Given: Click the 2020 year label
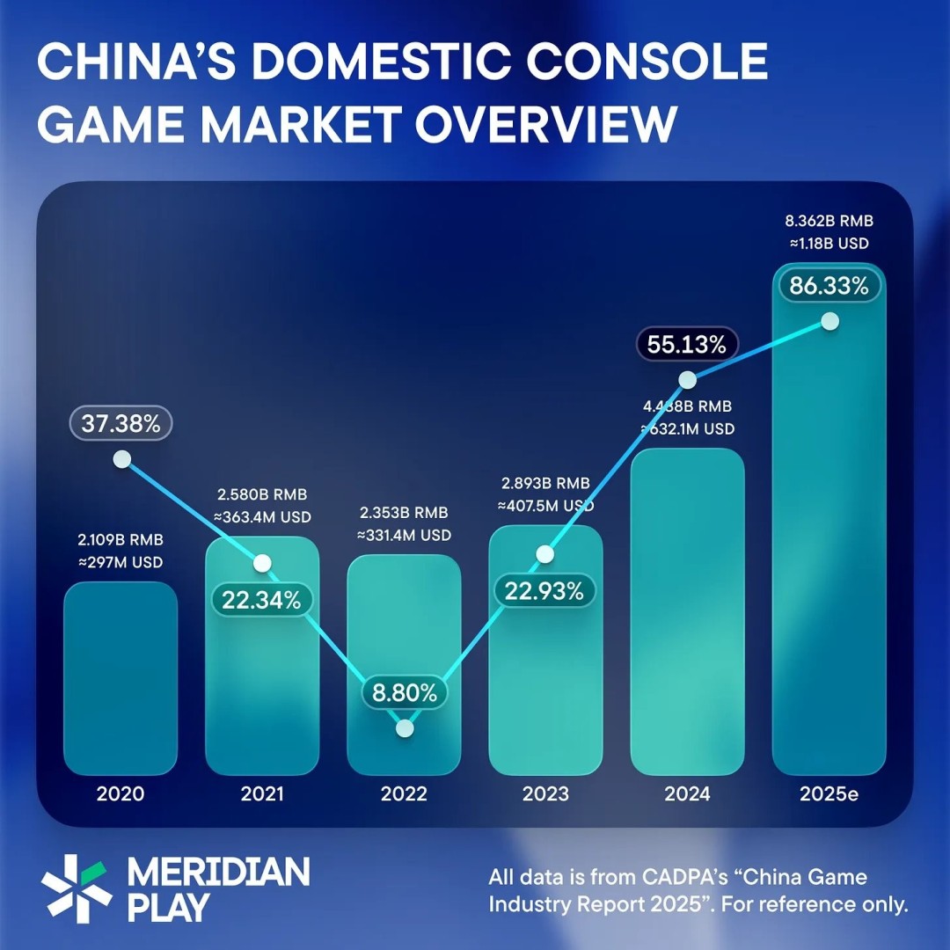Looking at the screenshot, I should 121,793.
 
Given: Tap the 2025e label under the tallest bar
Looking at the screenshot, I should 829,793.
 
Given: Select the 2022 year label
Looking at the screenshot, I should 404,793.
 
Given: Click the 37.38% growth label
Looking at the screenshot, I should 121,425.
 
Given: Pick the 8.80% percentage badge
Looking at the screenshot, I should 405,693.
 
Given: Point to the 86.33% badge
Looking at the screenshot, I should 829,286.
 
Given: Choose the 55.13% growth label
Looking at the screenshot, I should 687,345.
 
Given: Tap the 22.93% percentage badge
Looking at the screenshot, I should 544,591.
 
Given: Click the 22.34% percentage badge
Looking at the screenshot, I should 261,600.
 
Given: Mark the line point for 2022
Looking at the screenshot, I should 405,728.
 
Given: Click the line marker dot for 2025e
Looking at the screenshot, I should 829,321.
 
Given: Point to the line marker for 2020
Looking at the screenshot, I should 122,459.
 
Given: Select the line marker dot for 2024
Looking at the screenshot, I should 688,380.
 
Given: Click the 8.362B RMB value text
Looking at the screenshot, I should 829,221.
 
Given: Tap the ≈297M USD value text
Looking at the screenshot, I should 121,562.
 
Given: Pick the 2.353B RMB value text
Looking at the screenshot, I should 404,513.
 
